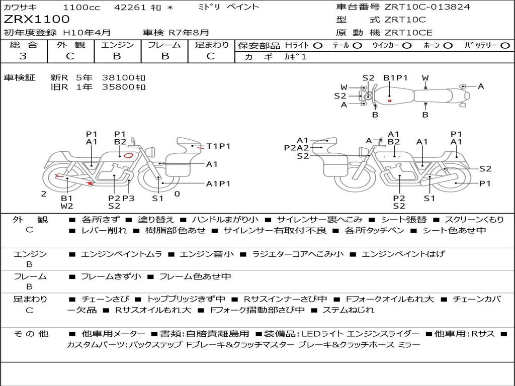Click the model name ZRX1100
pos(36,20)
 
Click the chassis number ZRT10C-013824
pos(427,7)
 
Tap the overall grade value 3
pos(23,56)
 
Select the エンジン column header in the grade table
pos(117,45)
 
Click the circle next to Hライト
pos(318,46)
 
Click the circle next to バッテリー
pos(505,46)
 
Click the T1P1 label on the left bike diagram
pos(218,146)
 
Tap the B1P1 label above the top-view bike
pos(395,78)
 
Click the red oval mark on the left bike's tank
pos(128,156)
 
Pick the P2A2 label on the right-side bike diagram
pos(297,148)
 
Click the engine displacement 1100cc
pos(81,7)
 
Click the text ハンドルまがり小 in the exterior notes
pos(225,220)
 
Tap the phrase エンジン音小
pos(207,254)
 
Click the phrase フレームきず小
pos(111,277)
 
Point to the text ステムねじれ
pos(349,310)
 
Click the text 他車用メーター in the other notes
pos(113,334)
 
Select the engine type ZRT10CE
pos(408,33)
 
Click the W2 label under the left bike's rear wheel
pos(67,206)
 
